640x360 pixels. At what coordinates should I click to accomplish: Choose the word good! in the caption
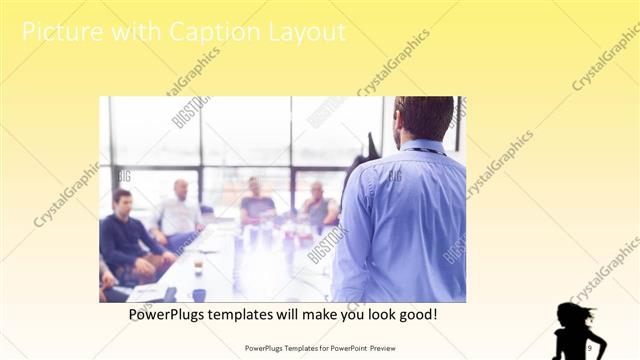(x=416, y=314)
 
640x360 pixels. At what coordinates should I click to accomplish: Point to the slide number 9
(x=589, y=347)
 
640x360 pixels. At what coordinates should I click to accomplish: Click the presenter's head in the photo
(x=423, y=117)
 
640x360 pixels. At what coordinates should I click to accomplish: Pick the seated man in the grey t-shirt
(x=257, y=204)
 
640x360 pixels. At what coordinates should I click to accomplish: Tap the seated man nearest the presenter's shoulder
(x=319, y=206)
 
